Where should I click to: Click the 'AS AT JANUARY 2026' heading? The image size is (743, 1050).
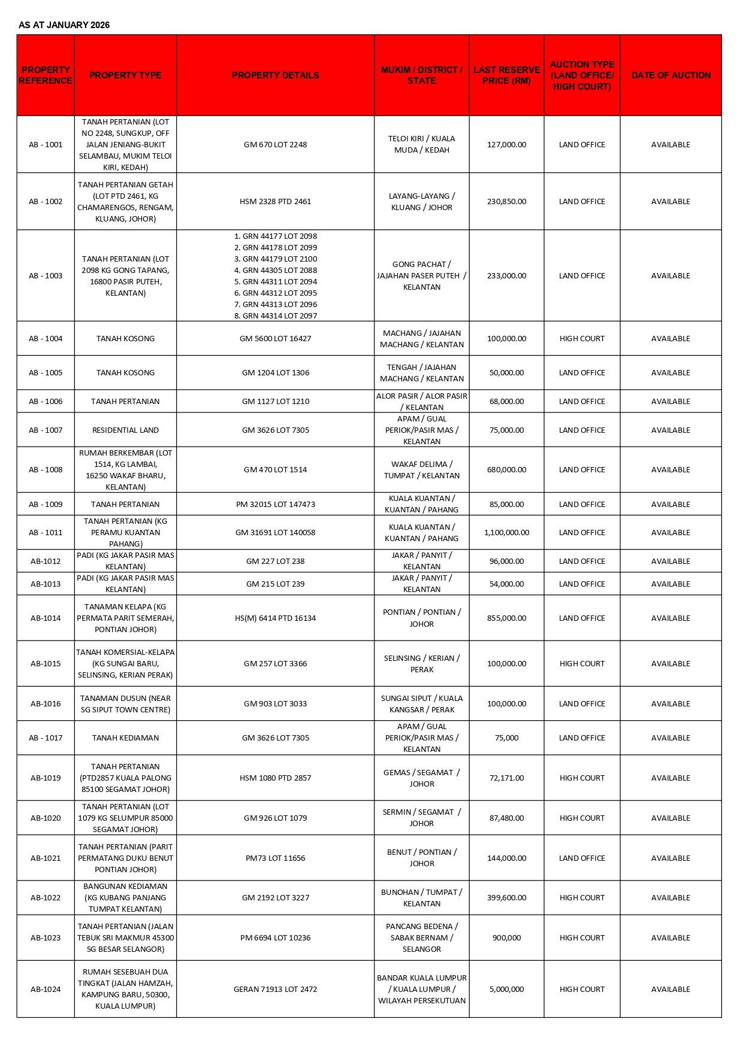(64, 25)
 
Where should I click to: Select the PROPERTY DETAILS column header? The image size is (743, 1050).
(275, 75)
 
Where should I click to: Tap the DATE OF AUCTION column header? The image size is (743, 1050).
(670, 75)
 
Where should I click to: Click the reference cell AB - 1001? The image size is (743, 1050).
(46, 144)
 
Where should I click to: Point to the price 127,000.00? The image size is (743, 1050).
(506, 144)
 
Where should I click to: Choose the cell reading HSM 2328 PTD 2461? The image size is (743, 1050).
(275, 202)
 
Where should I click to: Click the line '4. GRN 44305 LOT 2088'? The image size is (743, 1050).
(276, 270)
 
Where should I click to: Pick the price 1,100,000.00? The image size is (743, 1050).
(506, 532)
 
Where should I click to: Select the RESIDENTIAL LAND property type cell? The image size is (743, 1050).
(125, 430)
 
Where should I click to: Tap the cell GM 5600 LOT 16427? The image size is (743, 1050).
(275, 338)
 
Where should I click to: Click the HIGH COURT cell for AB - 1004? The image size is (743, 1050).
(582, 338)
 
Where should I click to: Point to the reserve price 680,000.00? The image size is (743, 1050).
(506, 469)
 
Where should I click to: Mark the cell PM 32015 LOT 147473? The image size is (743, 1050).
(275, 504)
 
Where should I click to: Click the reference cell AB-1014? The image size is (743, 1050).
(46, 618)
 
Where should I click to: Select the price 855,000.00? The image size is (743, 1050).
(506, 618)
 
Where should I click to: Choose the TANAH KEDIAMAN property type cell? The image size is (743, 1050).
(125, 738)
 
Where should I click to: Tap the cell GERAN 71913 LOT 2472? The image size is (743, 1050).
(275, 989)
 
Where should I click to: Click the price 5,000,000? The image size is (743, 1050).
(506, 989)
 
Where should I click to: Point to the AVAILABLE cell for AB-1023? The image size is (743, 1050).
(670, 937)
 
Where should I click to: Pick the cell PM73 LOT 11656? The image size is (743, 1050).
(275, 858)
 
